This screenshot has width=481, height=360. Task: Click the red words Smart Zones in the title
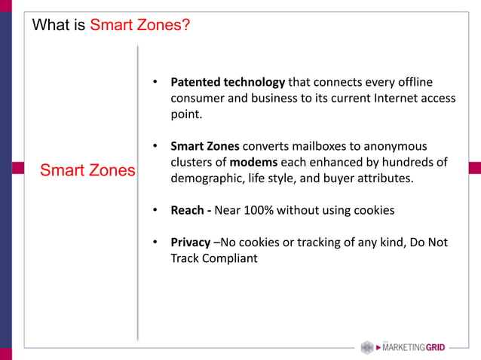pyautogui.click(x=139, y=25)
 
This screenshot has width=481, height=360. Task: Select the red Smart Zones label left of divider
pyautogui.click(x=87, y=170)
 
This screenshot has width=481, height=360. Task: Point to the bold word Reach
pyautogui.click(x=189, y=210)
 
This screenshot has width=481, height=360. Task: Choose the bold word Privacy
pyautogui.click(x=191, y=243)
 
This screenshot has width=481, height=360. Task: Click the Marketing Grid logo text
pyautogui.click(x=414, y=347)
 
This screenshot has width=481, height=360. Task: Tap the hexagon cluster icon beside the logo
pyautogui.click(x=367, y=347)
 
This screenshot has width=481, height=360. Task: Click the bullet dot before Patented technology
pyautogui.click(x=154, y=81)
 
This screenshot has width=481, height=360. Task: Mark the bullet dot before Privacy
pyautogui.click(x=154, y=243)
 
